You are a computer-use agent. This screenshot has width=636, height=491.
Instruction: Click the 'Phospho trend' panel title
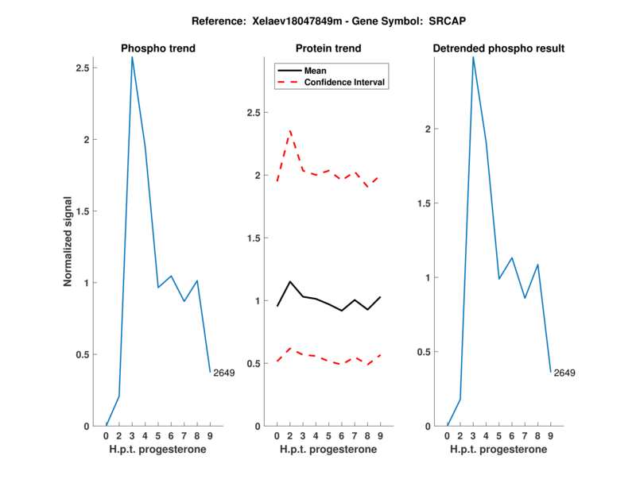[158, 48]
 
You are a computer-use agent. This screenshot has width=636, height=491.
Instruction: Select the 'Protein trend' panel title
[328, 48]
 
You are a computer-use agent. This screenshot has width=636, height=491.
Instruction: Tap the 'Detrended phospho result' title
[498, 48]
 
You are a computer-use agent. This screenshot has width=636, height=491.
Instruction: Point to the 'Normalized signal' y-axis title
[68, 242]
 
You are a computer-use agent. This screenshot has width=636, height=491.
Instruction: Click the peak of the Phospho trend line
[132, 57]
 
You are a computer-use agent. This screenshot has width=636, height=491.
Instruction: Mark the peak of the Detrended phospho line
[473, 56]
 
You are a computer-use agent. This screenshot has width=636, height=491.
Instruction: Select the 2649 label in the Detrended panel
[564, 373]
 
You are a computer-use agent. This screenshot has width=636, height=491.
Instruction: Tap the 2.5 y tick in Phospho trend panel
[81, 68]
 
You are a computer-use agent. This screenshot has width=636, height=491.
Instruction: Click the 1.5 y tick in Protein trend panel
[252, 238]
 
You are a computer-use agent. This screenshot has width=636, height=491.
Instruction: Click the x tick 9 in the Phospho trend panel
[210, 435]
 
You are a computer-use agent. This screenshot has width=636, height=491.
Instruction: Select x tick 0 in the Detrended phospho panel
[448, 435]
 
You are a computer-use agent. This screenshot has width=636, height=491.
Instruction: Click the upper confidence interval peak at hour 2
[290, 131]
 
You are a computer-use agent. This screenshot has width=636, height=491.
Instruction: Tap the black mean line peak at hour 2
[290, 281]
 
